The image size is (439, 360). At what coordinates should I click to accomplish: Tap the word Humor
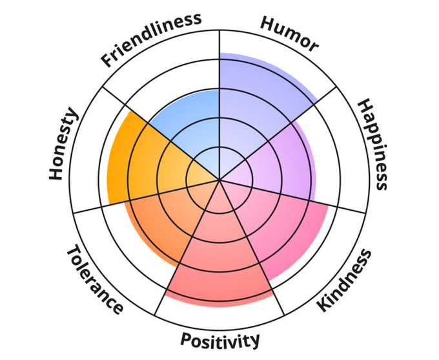pyautogui.click(x=289, y=32)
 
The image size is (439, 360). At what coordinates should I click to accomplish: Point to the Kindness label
pyautogui.click(x=345, y=280)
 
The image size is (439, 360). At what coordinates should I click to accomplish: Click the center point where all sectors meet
pyautogui.click(x=219, y=180)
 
